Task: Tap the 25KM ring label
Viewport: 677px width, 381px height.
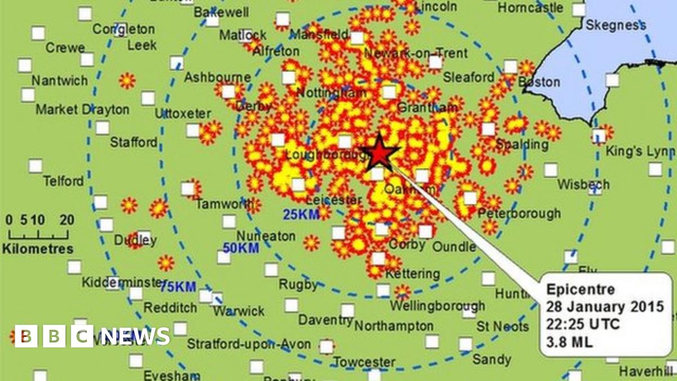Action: tap(299, 214)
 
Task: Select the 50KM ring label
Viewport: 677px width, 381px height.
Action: tap(241, 248)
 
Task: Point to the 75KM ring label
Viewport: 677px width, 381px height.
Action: tap(178, 287)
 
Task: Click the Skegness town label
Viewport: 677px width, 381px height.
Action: tap(616, 25)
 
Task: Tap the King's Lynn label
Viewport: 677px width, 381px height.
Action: tap(640, 151)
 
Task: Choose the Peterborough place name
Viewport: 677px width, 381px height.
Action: tap(519, 213)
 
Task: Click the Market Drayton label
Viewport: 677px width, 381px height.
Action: tap(82, 110)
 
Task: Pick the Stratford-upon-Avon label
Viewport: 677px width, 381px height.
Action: tap(249, 343)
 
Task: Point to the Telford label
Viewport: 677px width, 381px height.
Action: tap(64, 181)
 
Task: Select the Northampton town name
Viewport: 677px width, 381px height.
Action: tap(394, 326)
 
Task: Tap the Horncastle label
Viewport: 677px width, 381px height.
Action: tap(530, 8)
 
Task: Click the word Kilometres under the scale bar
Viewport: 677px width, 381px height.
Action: tap(38, 248)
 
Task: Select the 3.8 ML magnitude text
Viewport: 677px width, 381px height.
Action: tap(570, 342)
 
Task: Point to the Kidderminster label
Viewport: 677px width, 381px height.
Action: tap(118, 282)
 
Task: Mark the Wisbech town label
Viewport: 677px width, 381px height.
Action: tap(583, 185)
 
